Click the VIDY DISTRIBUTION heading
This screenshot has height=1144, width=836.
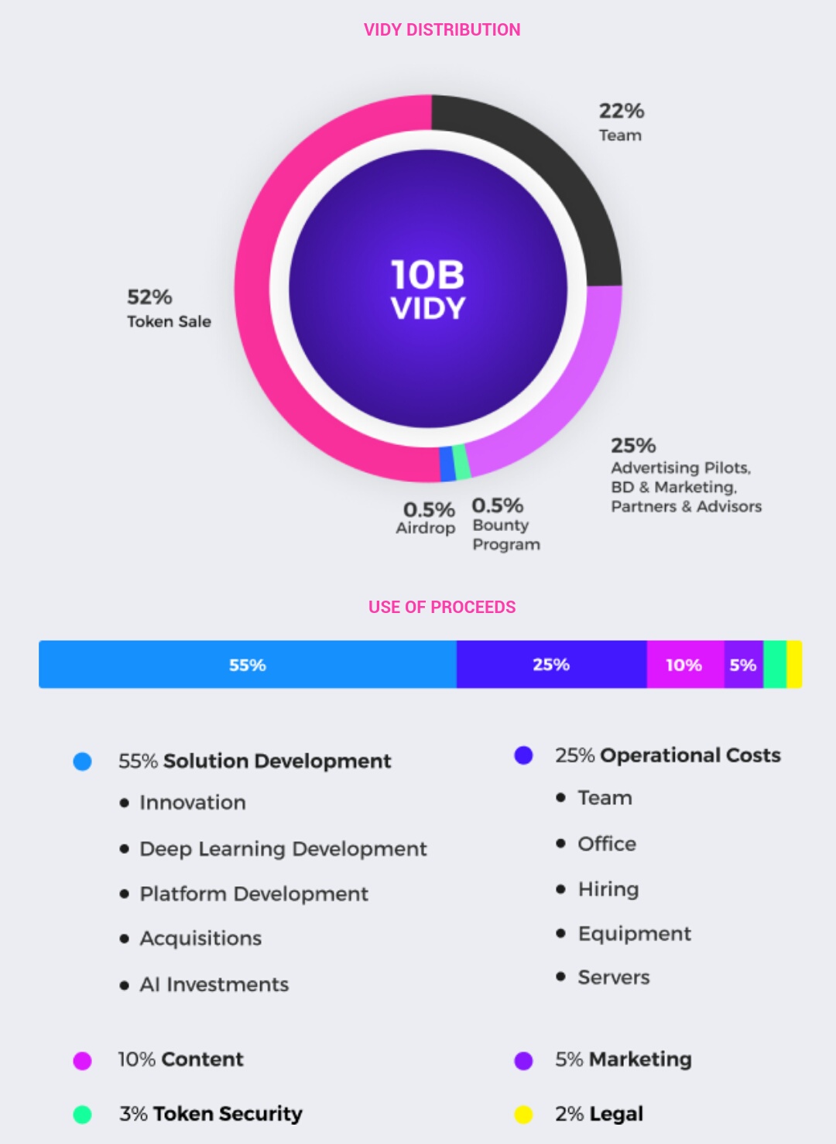pos(441,29)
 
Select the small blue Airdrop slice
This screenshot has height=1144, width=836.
pos(447,464)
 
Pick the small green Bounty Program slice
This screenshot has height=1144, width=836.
pos(461,462)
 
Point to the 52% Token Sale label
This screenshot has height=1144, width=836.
pos(168,309)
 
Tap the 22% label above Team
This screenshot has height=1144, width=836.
pos(621,111)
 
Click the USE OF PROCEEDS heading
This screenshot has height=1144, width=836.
pos(441,607)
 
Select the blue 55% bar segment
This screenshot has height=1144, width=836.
pos(248,665)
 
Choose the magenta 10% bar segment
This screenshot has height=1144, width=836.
pos(684,665)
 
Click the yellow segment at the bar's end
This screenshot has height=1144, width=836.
pos(794,665)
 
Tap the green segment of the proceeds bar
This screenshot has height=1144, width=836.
pos(775,665)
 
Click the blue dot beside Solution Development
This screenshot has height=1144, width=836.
pos(82,762)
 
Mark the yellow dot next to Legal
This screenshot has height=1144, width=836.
pos(524,1115)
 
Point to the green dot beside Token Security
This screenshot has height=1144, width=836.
pos(82,1115)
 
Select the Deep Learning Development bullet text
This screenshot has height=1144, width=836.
pos(283,849)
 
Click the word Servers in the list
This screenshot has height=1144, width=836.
pos(613,978)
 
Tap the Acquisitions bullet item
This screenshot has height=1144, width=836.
pos(200,939)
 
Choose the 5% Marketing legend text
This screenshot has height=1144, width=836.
pos(622,1060)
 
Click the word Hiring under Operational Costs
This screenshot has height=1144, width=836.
pos(608,889)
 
